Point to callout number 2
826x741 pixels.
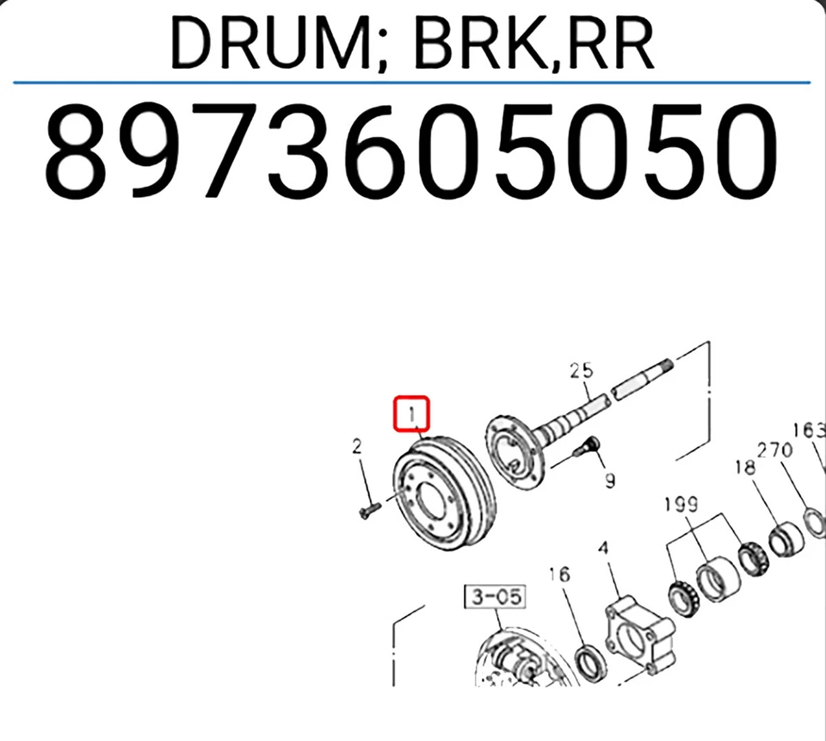click(x=355, y=446)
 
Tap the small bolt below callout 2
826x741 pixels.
click(x=365, y=511)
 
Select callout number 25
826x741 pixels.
click(x=582, y=371)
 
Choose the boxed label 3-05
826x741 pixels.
click(x=495, y=596)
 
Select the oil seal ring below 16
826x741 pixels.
click(x=590, y=661)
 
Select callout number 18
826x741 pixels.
click(x=744, y=467)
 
